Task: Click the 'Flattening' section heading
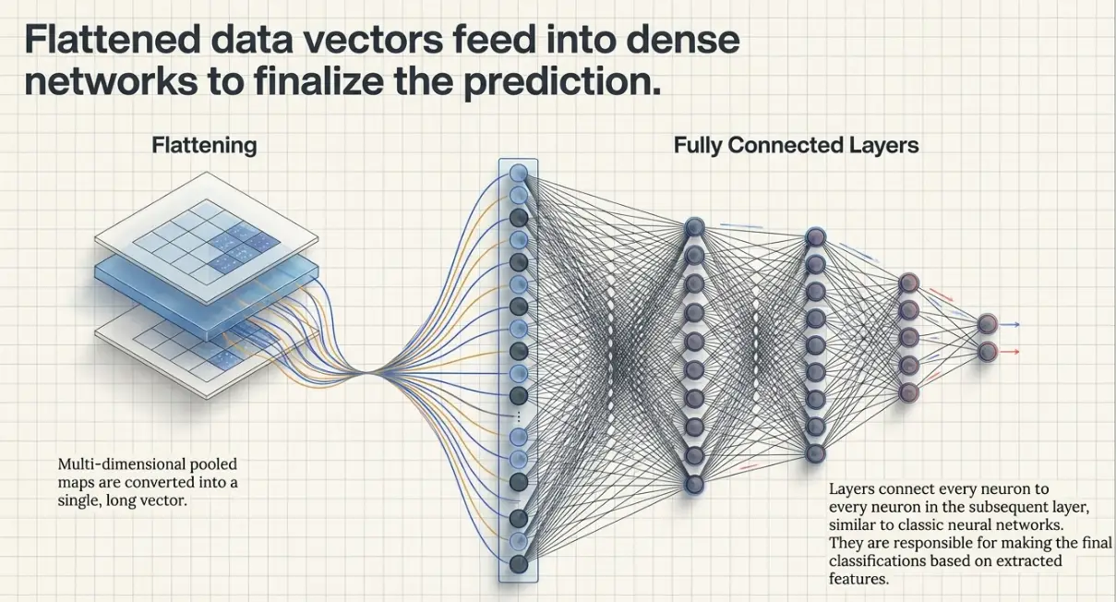point(204,146)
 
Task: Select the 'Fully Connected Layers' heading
point(796,146)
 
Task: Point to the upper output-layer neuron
point(987,324)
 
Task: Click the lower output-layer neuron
point(987,352)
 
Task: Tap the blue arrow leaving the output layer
point(1009,324)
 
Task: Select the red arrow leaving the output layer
point(1009,352)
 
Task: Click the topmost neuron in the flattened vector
point(519,173)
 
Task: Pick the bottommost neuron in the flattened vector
point(519,563)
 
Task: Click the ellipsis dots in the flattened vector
point(519,416)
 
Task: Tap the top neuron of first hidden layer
point(694,227)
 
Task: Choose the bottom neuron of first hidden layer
point(694,485)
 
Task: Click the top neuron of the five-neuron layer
point(908,283)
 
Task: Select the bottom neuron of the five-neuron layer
point(908,392)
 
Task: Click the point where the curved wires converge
point(366,372)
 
